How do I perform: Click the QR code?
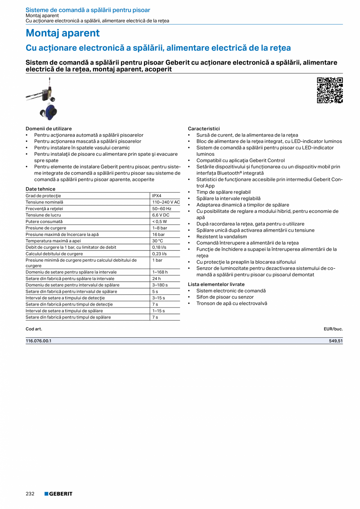pyautogui.click(x=329, y=90)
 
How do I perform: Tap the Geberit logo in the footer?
pyautogui.click(x=58, y=494)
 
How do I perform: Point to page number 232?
pyautogui.click(x=30, y=494)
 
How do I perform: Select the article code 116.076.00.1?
pyautogui.click(x=38, y=341)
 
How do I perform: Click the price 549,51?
pyautogui.click(x=336, y=341)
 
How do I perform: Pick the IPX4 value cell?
pyautogui.click(x=157, y=196)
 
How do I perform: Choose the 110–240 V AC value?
pyautogui.click(x=166, y=202)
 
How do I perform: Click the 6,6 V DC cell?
pyautogui.click(x=160, y=215)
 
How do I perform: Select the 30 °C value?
pyautogui.click(x=157, y=241)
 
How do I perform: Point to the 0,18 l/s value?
pyautogui.click(x=159, y=247)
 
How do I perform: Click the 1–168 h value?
pyautogui.click(x=160, y=272)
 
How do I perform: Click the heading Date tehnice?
pyautogui.click(x=41, y=189)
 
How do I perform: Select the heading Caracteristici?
pyautogui.click(x=204, y=129)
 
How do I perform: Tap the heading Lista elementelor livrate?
pyautogui.click(x=216, y=284)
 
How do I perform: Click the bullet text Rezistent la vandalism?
pyautogui.click(x=221, y=237)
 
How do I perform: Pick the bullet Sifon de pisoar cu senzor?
pyautogui.click(x=225, y=297)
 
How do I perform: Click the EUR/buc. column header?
pyautogui.click(x=333, y=329)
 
